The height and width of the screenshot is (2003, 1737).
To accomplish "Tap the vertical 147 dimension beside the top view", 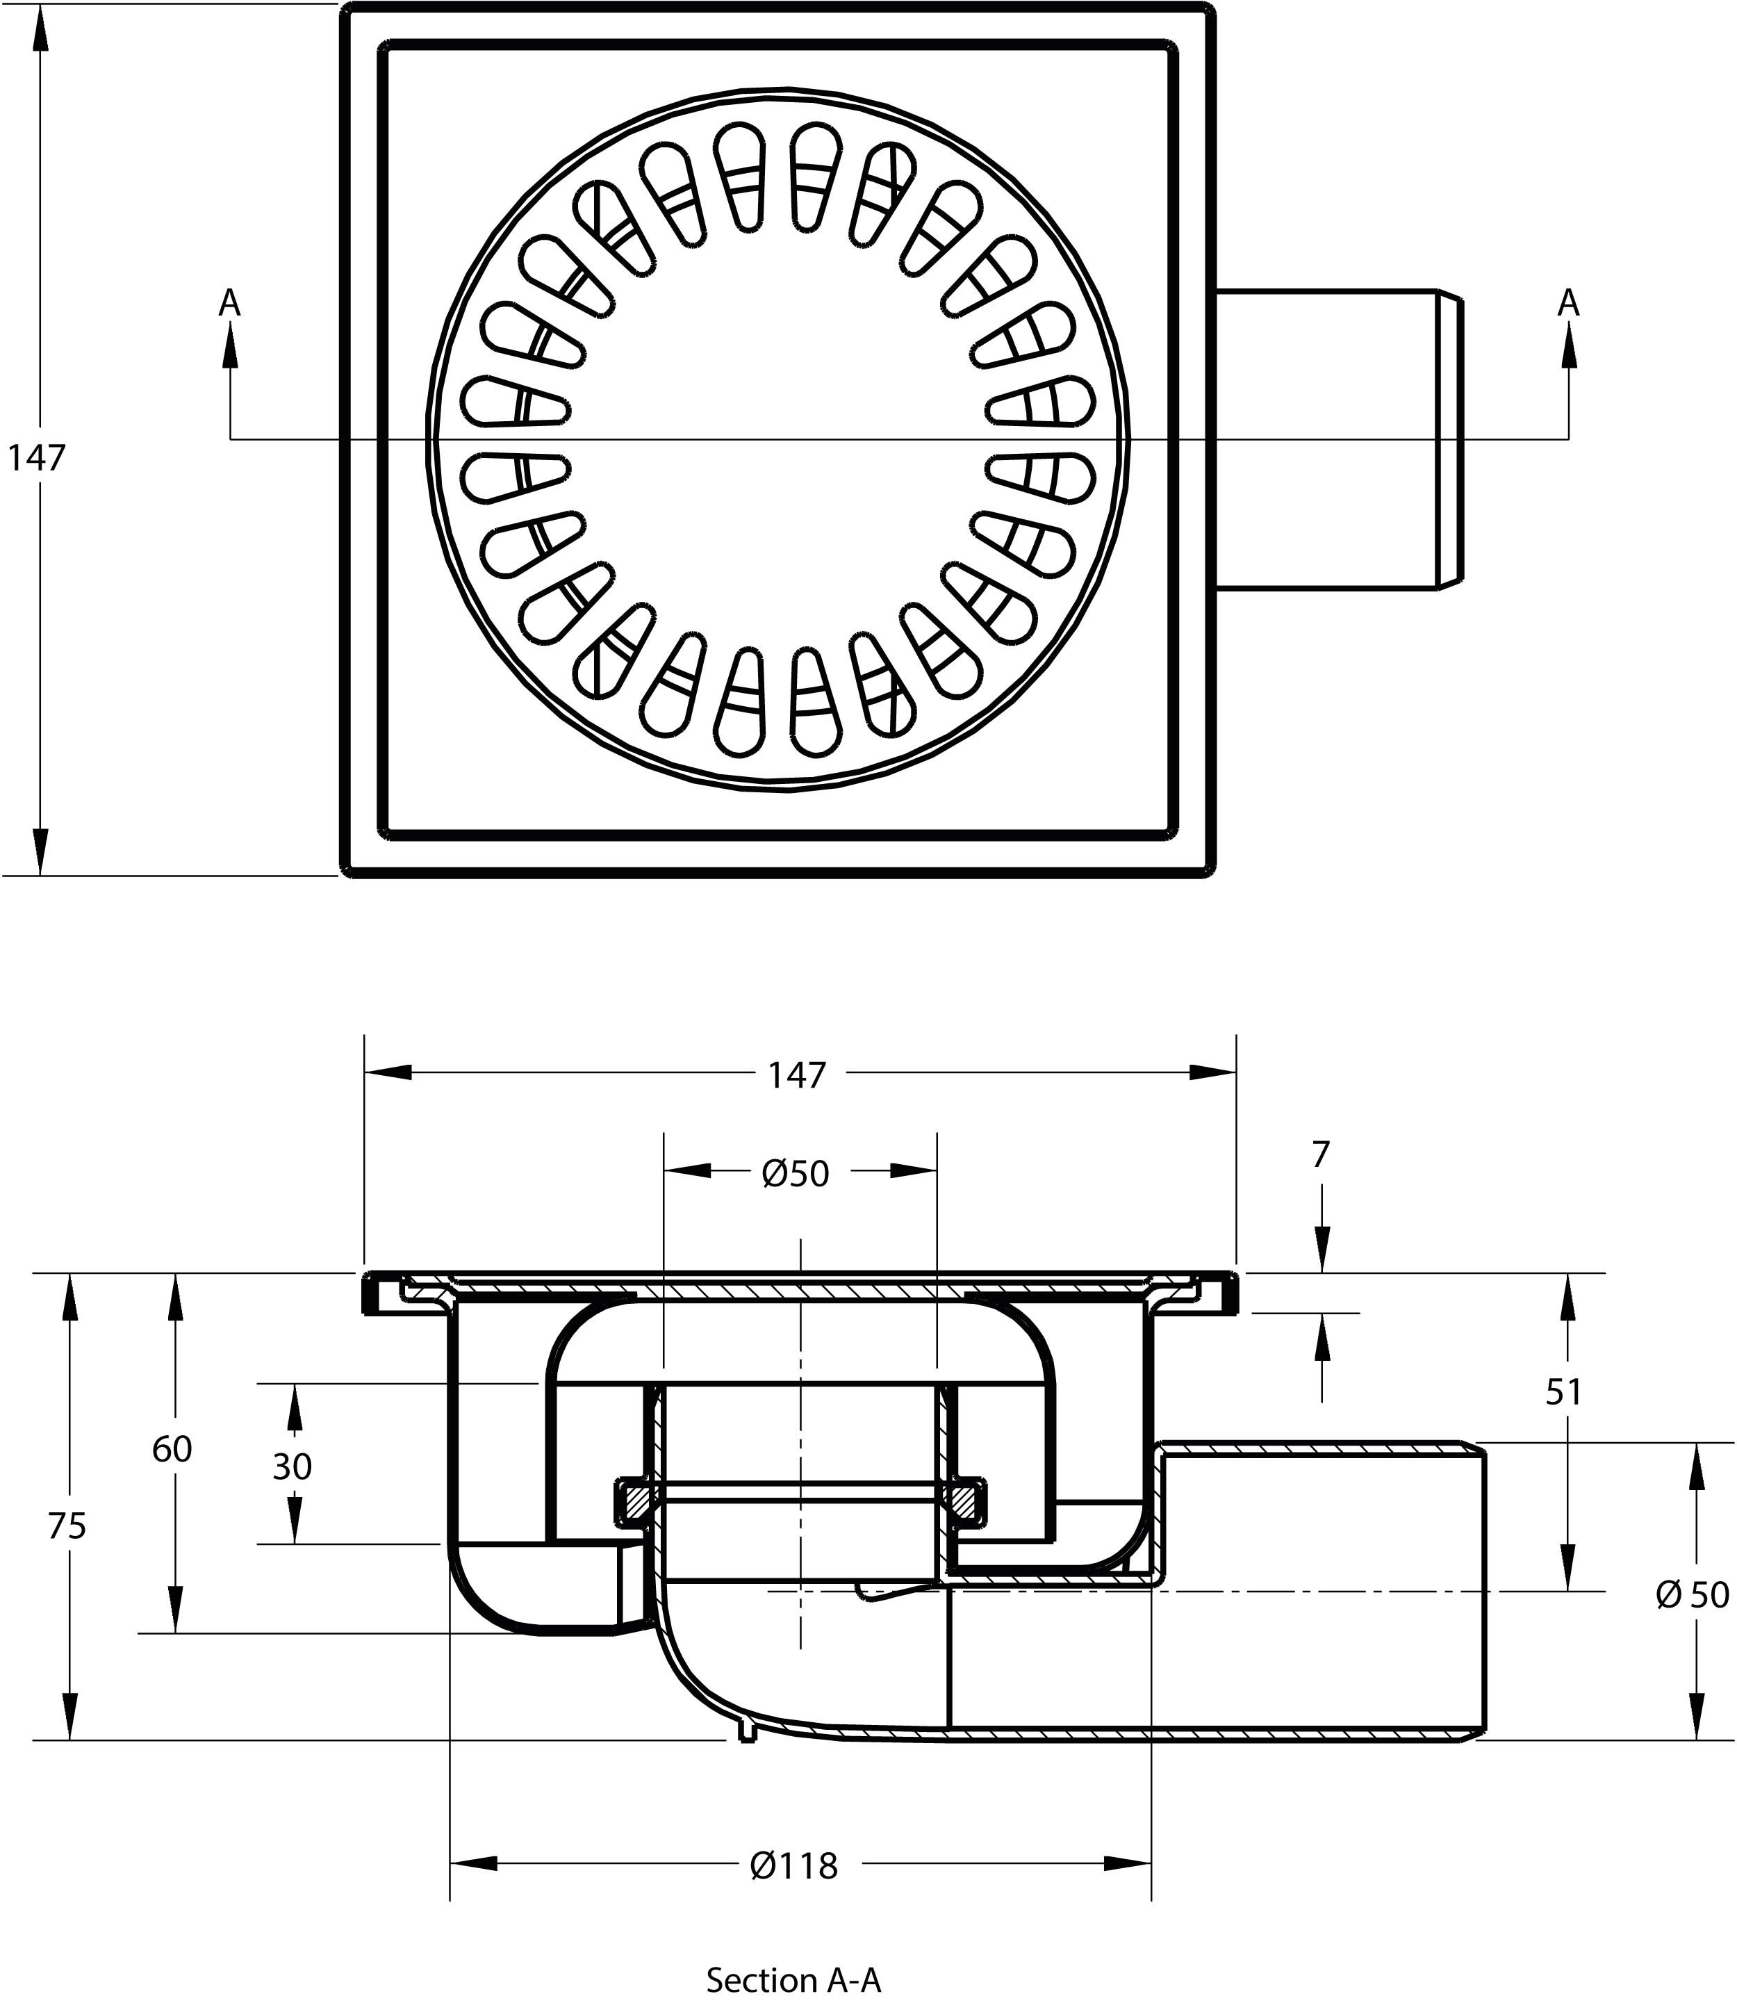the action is coord(37,457).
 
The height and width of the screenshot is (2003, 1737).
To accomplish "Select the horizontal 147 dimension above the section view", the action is coord(797,1074).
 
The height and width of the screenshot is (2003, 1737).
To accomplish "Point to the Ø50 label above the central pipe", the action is coord(796,1174).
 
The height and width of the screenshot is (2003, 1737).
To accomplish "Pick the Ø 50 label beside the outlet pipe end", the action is coord(1691,1595).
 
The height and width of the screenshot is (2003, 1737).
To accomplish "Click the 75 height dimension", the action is coord(67,1527).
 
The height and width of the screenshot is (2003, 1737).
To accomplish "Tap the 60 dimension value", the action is coord(172,1449).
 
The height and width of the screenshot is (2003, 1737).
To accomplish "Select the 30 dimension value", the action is coord(292,1467).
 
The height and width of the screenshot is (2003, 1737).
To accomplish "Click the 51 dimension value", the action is coord(1563,1392).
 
